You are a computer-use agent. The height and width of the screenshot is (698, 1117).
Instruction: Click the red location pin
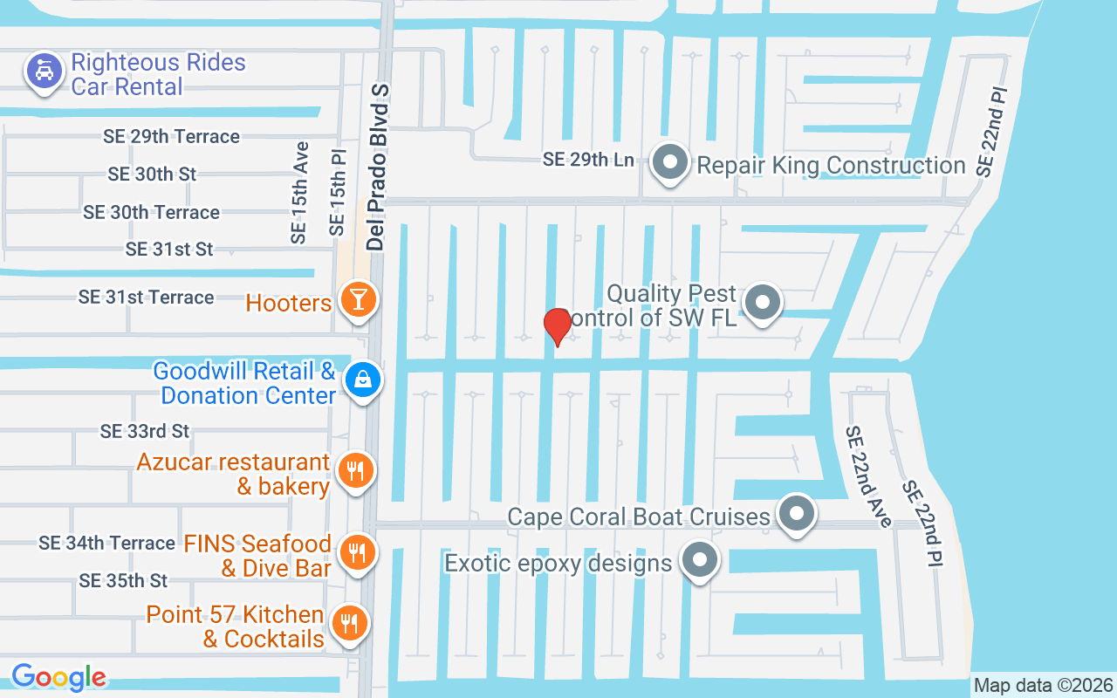pos(557,326)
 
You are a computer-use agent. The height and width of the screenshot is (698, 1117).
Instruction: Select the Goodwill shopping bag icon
pos(362,380)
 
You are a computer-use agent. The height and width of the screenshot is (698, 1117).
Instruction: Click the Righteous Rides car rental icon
pos(44,70)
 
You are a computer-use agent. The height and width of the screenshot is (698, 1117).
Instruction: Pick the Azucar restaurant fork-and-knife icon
pos(354,471)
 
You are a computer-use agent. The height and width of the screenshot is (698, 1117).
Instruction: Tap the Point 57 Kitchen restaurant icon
pos(350,623)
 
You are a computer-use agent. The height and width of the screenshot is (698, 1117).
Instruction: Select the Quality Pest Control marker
pos(764,302)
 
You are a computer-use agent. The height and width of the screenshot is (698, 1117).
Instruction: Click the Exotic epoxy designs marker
pos(699,559)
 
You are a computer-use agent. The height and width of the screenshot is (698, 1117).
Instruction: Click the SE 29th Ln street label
pos(587,160)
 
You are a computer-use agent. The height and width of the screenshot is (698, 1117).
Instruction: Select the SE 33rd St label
pos(145,431)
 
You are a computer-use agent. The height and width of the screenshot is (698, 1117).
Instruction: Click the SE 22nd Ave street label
pos(867,476)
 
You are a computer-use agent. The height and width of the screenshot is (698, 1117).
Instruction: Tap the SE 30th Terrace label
pos(151,212)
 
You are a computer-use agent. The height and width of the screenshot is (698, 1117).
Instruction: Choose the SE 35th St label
pos(123,580)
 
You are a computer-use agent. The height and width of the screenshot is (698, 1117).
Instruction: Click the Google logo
pos(58,676)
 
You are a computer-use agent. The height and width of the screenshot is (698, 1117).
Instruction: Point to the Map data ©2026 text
pos(1044,685)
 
